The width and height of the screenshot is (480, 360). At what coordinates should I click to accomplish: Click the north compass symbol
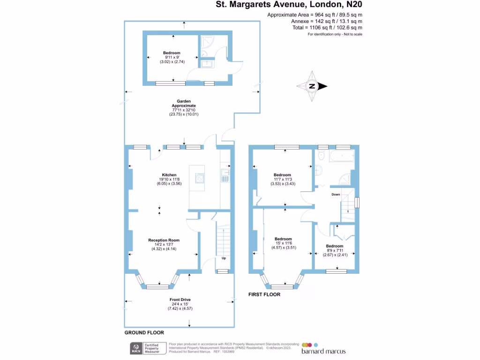311,86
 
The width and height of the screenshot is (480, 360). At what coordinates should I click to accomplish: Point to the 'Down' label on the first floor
336,194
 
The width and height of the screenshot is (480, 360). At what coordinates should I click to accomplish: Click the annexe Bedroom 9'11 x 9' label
172,53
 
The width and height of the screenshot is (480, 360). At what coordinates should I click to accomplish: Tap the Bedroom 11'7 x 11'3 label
282,175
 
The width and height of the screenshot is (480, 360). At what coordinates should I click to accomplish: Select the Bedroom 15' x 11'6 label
283,239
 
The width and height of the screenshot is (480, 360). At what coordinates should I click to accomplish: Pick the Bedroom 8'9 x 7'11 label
335,246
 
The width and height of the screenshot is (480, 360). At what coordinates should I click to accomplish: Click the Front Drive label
180,300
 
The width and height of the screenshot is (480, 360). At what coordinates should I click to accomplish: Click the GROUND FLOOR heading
144,332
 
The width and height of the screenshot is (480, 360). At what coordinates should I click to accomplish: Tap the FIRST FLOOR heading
264,295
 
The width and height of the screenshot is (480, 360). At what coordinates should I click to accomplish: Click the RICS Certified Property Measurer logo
145,348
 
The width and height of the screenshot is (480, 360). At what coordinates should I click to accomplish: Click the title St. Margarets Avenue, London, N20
289,5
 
